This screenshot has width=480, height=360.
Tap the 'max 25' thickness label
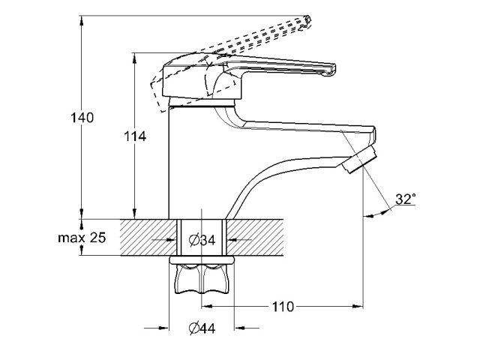tap(82, 238)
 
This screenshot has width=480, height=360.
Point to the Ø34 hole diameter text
tap(203, 240)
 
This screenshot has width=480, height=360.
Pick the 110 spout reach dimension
tap(283, 307)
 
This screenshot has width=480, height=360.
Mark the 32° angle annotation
tap(406, 199)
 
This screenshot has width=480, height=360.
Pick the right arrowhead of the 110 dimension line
tap(358, 307)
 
